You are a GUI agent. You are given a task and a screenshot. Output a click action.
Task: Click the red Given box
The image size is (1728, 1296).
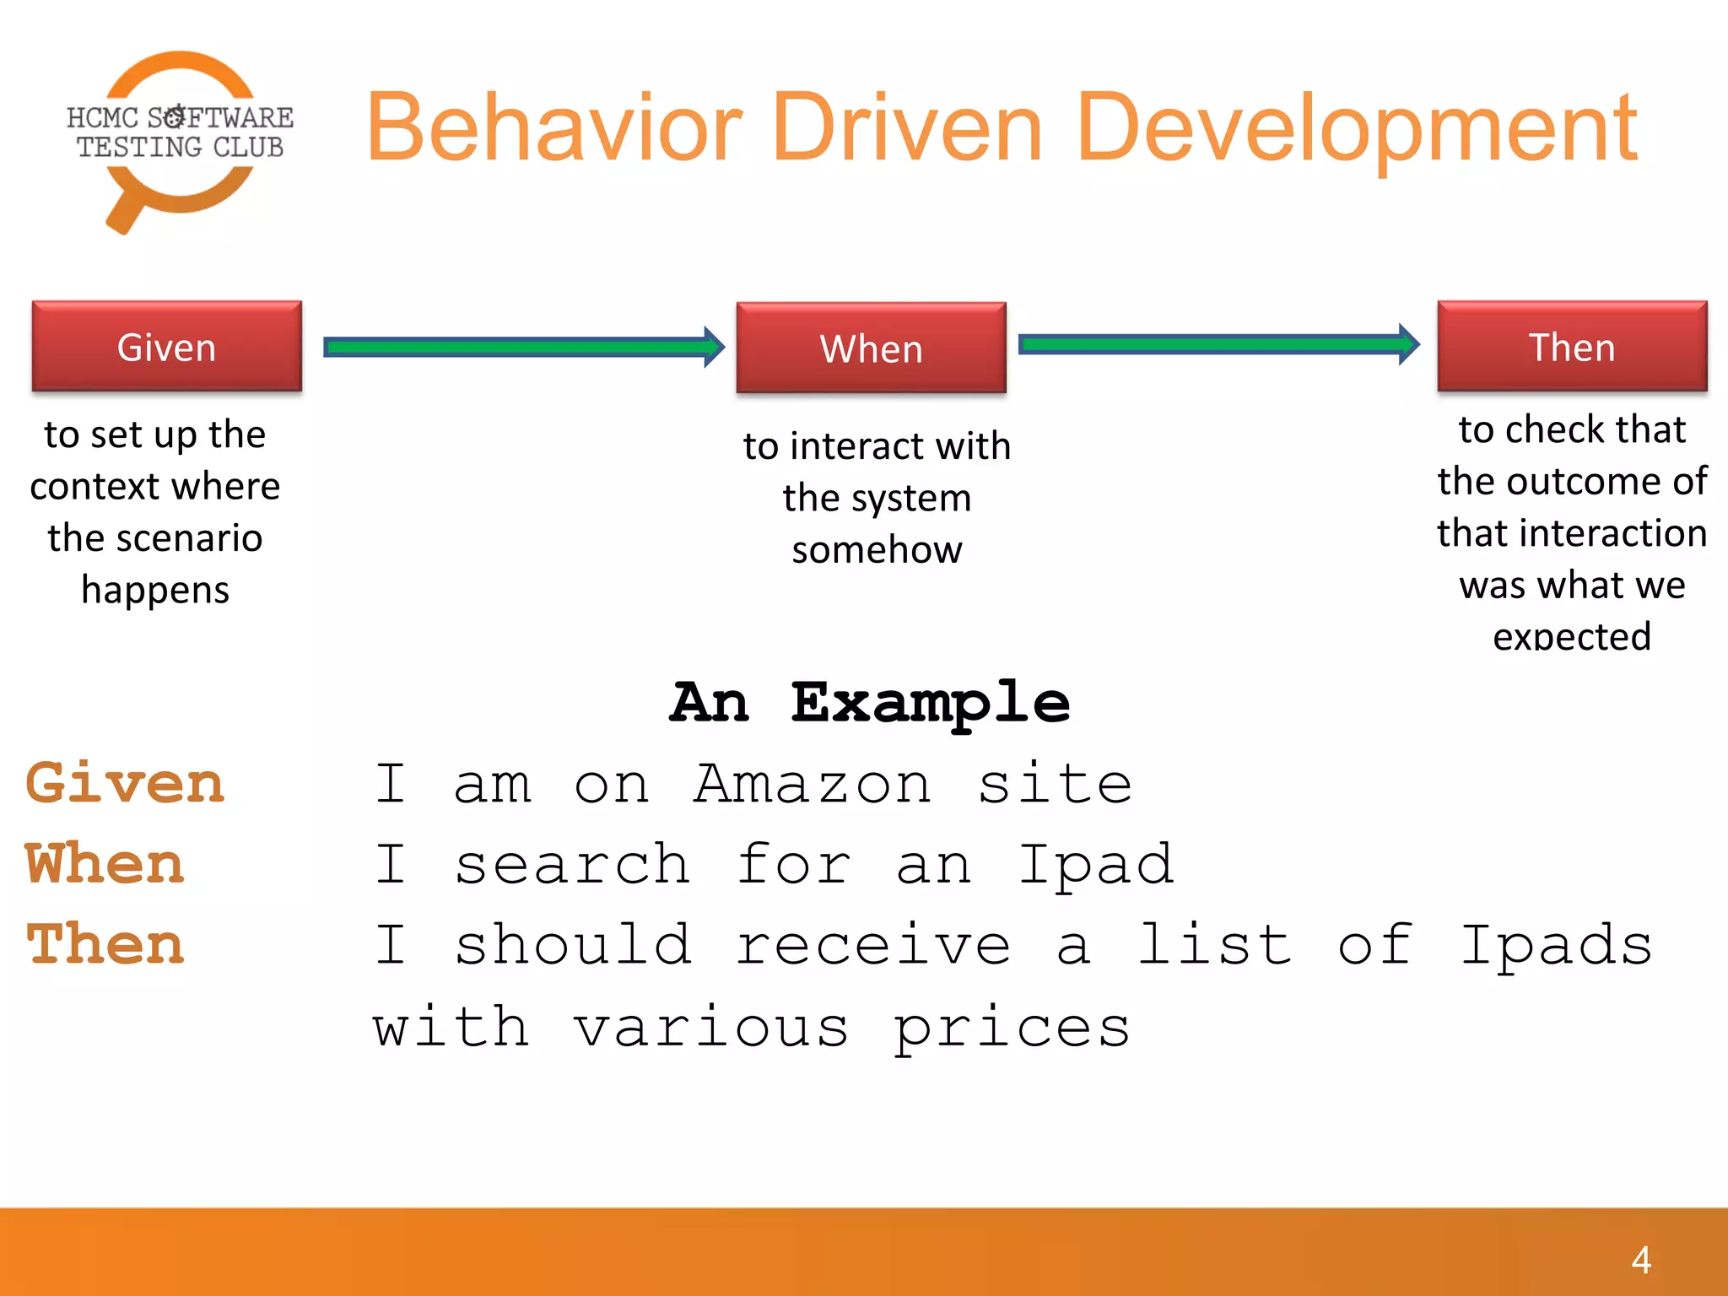pos(167,347)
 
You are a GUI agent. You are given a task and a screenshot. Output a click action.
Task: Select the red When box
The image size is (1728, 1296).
pos(871,348)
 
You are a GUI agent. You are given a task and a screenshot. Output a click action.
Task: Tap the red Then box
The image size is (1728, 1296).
pos(1572,347)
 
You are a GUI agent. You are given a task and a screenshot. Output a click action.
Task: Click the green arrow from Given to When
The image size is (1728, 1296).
pos(523,347)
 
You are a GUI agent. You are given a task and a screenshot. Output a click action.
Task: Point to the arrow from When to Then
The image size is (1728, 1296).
pos(1219,344)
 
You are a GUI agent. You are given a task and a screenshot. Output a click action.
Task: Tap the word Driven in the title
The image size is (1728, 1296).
pos(907,128)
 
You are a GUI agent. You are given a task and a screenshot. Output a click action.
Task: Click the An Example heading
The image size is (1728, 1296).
pos(870,703)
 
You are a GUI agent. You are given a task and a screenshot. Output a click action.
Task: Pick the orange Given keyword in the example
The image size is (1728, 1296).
pos(125,783)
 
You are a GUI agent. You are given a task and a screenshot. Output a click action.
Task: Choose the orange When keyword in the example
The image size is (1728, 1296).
pos(105,864)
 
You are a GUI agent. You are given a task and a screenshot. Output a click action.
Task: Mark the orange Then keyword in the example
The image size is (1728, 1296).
pos(105,944)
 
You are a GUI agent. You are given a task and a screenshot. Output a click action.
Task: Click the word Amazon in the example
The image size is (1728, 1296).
pos(812,784)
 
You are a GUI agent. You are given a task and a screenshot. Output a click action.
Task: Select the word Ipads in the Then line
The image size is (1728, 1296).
pos(1556,946)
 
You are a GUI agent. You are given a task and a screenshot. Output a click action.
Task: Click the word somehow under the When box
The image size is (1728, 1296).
pos(877,550)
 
